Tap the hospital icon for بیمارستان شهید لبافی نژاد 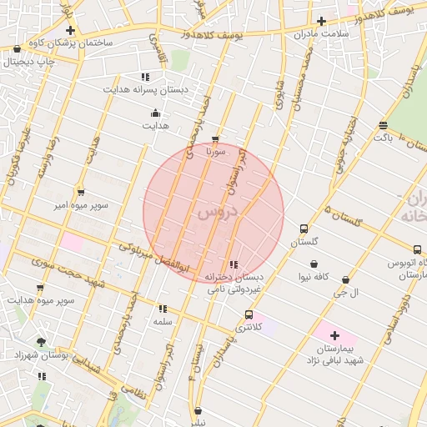334,335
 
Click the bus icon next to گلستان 304,229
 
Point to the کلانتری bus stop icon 249,314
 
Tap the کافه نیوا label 315,276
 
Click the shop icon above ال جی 345,280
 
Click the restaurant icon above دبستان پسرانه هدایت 146,76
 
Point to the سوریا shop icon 216,139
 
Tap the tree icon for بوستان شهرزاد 41,342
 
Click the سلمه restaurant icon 162,309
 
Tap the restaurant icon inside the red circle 233,264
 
